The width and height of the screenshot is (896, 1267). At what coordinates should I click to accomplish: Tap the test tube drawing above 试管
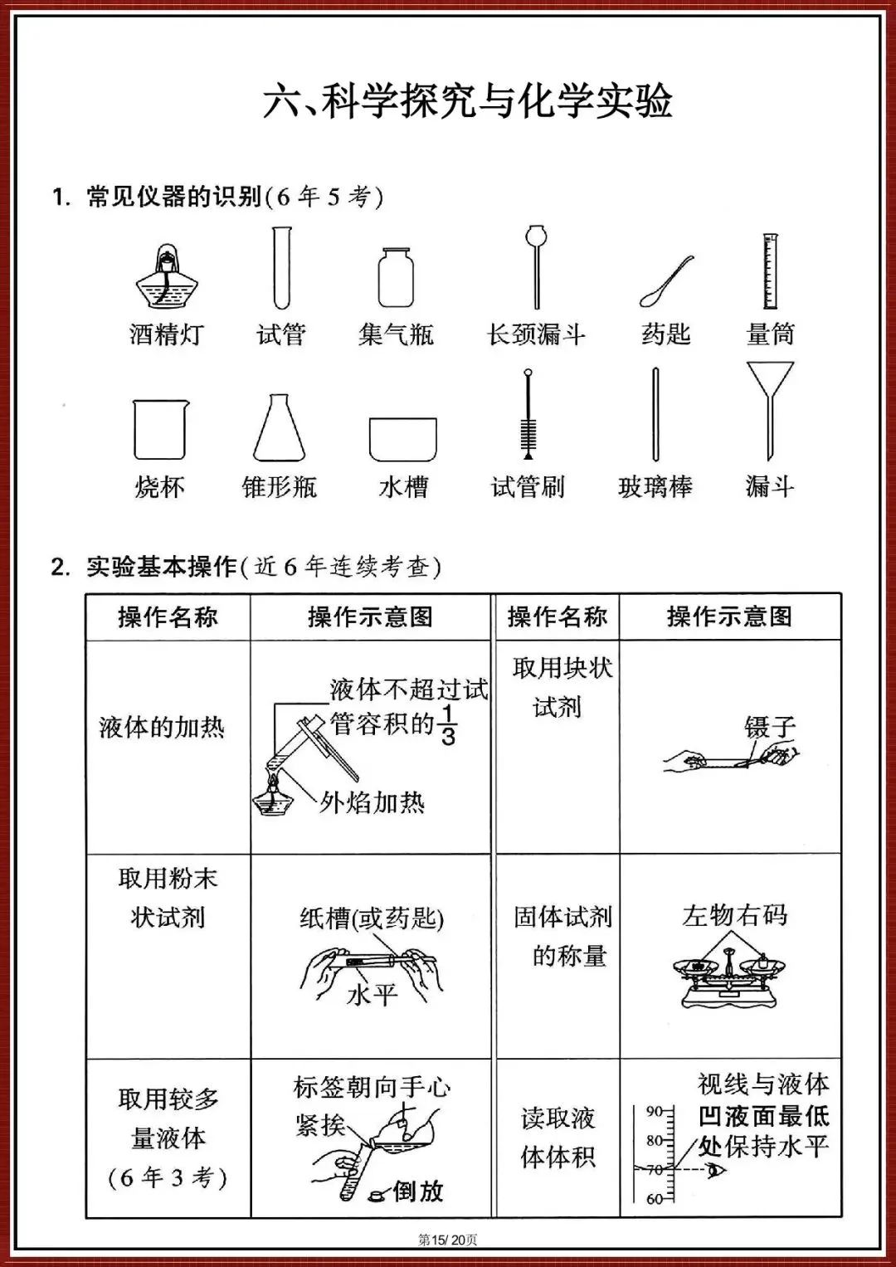[x=282, y=268]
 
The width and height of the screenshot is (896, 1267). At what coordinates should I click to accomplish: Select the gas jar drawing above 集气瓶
[x=396, y=277]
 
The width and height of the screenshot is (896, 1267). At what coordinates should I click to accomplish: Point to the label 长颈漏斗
[x=537, y=334]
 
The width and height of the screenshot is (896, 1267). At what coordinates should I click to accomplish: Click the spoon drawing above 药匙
[x=666, y=282]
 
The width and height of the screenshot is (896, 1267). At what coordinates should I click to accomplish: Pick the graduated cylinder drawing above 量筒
[x=771, y=271]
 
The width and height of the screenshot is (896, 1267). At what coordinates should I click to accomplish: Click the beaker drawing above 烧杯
[x=160, y=429]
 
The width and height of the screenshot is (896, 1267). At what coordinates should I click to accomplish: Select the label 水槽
[x=403, y=487]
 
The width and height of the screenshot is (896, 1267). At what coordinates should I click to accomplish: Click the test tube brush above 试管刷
[x=528, y=415]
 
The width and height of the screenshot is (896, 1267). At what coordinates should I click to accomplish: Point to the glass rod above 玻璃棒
[x=655, y=415]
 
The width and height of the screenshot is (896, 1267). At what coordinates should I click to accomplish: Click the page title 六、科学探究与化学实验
[x=467, y=101]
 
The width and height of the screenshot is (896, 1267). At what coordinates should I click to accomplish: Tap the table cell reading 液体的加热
[x=162, y=728]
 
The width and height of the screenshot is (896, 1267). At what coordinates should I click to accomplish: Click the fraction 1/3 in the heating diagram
[x=448, y=724]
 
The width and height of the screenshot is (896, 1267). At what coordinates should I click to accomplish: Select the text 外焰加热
[x=373, y=802]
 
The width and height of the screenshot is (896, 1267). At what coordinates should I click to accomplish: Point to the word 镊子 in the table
[x=770, y=728]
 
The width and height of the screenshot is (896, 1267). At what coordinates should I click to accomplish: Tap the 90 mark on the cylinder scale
[x=655, y=1111]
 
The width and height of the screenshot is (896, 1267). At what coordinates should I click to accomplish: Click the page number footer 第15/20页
[x=448, y=1240]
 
